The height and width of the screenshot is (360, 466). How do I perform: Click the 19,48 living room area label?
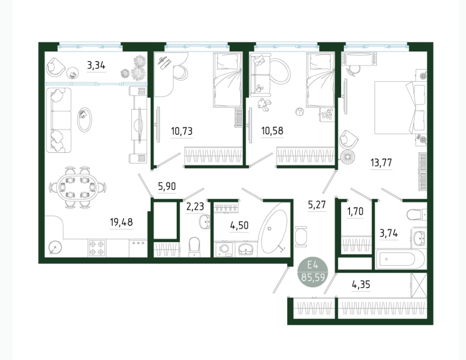(121, 222)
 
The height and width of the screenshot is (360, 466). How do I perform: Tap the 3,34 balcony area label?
(96, 65)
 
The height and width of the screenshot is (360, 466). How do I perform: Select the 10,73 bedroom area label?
(182, 130)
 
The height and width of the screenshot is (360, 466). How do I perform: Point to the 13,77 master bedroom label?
(381, 163)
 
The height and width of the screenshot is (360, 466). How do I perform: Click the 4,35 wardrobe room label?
(361, 285)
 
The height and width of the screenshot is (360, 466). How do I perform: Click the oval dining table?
(77, 188)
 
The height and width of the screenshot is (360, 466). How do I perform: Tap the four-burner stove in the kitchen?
(97, 248)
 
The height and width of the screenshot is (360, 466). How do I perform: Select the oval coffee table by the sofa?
(84, 120)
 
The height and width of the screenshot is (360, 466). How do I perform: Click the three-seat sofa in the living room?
(59, 120)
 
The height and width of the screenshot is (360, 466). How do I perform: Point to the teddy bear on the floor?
(264, 105)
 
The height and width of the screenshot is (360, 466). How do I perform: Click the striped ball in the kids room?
(299, 112)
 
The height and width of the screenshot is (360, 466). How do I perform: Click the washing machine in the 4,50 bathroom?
(224, 249)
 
